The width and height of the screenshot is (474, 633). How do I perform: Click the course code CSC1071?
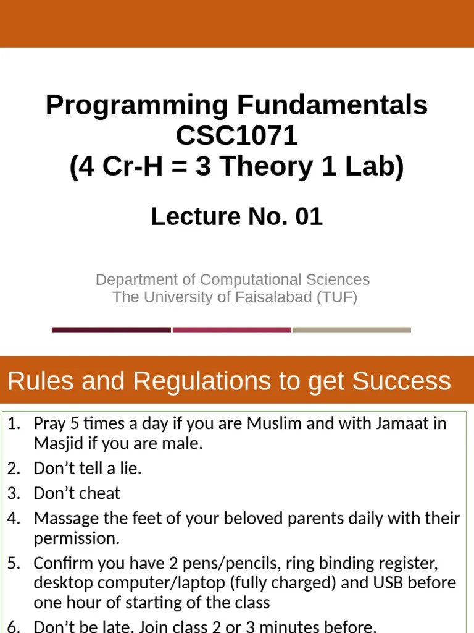coord(236,137)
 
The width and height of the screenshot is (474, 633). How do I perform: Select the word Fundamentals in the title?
coord(333,106)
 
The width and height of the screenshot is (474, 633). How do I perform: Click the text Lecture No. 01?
coord(236,217)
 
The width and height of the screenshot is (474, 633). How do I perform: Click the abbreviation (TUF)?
coord(337,297)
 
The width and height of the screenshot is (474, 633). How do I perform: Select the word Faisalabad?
coord(269,297)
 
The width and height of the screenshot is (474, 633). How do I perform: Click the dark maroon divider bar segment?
coord(111,330)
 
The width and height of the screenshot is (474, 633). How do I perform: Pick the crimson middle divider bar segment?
coord(231,330)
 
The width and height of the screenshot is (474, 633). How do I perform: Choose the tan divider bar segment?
coord(352,330)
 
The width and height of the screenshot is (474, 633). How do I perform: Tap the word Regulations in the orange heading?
coord(202,381)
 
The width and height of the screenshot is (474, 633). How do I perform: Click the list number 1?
coord(13,424)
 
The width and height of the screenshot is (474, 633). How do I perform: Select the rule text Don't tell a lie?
coord(88,469)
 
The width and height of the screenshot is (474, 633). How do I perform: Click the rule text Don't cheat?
coord(77,493)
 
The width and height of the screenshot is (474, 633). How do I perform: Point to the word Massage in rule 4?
coord(64,518)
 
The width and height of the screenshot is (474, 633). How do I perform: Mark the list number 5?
coord(13,564)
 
